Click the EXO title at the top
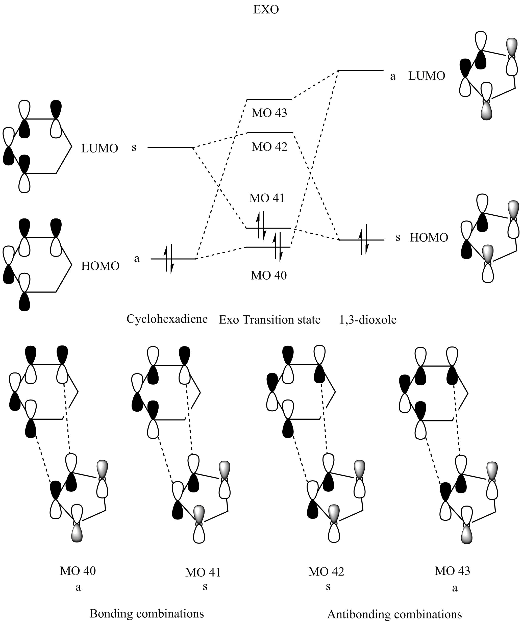(x=266, y=10)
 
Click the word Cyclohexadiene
(x=167, y=319)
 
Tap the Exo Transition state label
(x=269, y=320)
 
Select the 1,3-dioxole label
(x=368, y=319)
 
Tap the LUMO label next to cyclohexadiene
(x=100, y=148)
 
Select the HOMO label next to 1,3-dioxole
(x=429, y=238)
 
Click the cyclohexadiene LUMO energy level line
(x=170, y=148)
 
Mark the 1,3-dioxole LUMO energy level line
(x=361, y=70)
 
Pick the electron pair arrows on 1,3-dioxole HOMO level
(x=363, y=239)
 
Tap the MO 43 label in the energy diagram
(x=269, y=113)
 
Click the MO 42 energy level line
(x=270, y=133)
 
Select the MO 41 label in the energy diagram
(x=267, y=198)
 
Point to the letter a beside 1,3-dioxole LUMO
(x=393, y=76)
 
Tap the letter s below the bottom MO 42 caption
(x=328, y=586)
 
